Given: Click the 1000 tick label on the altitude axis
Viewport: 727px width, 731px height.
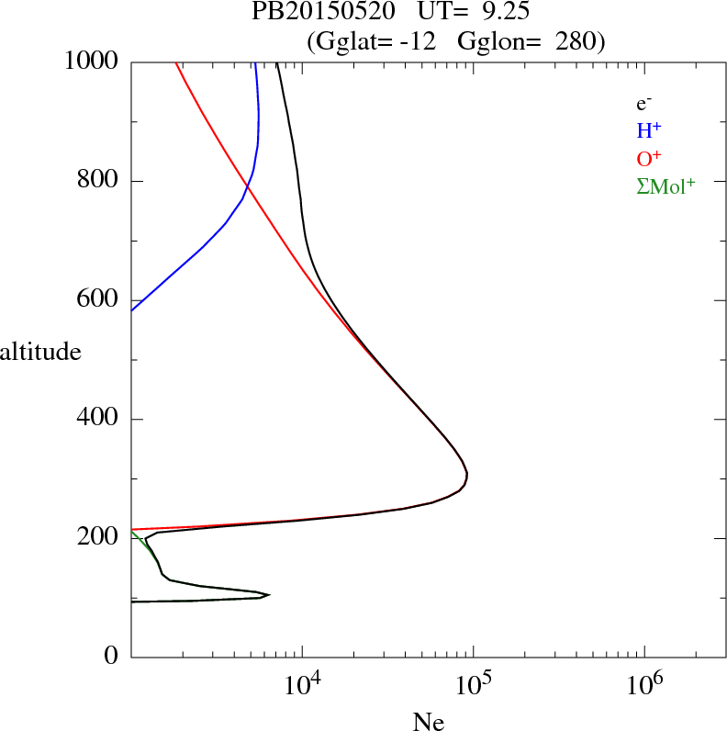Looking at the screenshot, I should click(92, 62).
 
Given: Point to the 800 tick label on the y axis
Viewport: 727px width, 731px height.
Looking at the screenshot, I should click(98, 181).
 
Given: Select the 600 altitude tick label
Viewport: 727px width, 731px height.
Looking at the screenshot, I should click(98, 300).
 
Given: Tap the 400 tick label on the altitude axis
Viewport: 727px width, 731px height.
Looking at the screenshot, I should click(98, 420).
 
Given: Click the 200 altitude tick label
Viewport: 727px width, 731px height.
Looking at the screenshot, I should click(98, 538).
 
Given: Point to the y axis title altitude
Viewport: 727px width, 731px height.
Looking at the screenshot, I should click(40, 351).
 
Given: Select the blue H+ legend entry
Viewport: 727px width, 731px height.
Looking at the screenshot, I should click(649, 131).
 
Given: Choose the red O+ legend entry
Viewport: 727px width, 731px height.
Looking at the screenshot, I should click(649, 158).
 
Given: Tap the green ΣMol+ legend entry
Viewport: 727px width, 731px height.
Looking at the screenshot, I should click(665, 186).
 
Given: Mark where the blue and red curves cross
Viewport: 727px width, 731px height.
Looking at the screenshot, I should click(246, 186).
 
